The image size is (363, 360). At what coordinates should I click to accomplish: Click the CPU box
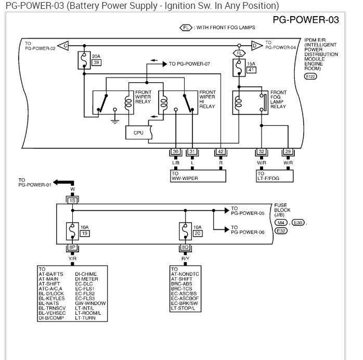tap(138, 133)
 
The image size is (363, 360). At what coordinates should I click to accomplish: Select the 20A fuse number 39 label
tap(96, 62)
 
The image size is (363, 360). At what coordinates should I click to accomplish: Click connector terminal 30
tap(176, 152)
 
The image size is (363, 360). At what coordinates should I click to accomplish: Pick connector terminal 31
tap(193, 152)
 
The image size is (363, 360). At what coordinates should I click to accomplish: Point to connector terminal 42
tap(222, 152)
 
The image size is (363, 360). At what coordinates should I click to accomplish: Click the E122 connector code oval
tap(311, 76)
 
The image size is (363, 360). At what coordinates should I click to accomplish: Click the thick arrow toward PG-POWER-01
tap(62, 183)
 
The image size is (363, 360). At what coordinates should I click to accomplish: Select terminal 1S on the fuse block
tap(72, 200)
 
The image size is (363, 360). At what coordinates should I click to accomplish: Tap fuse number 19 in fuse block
tap(84, 235)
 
